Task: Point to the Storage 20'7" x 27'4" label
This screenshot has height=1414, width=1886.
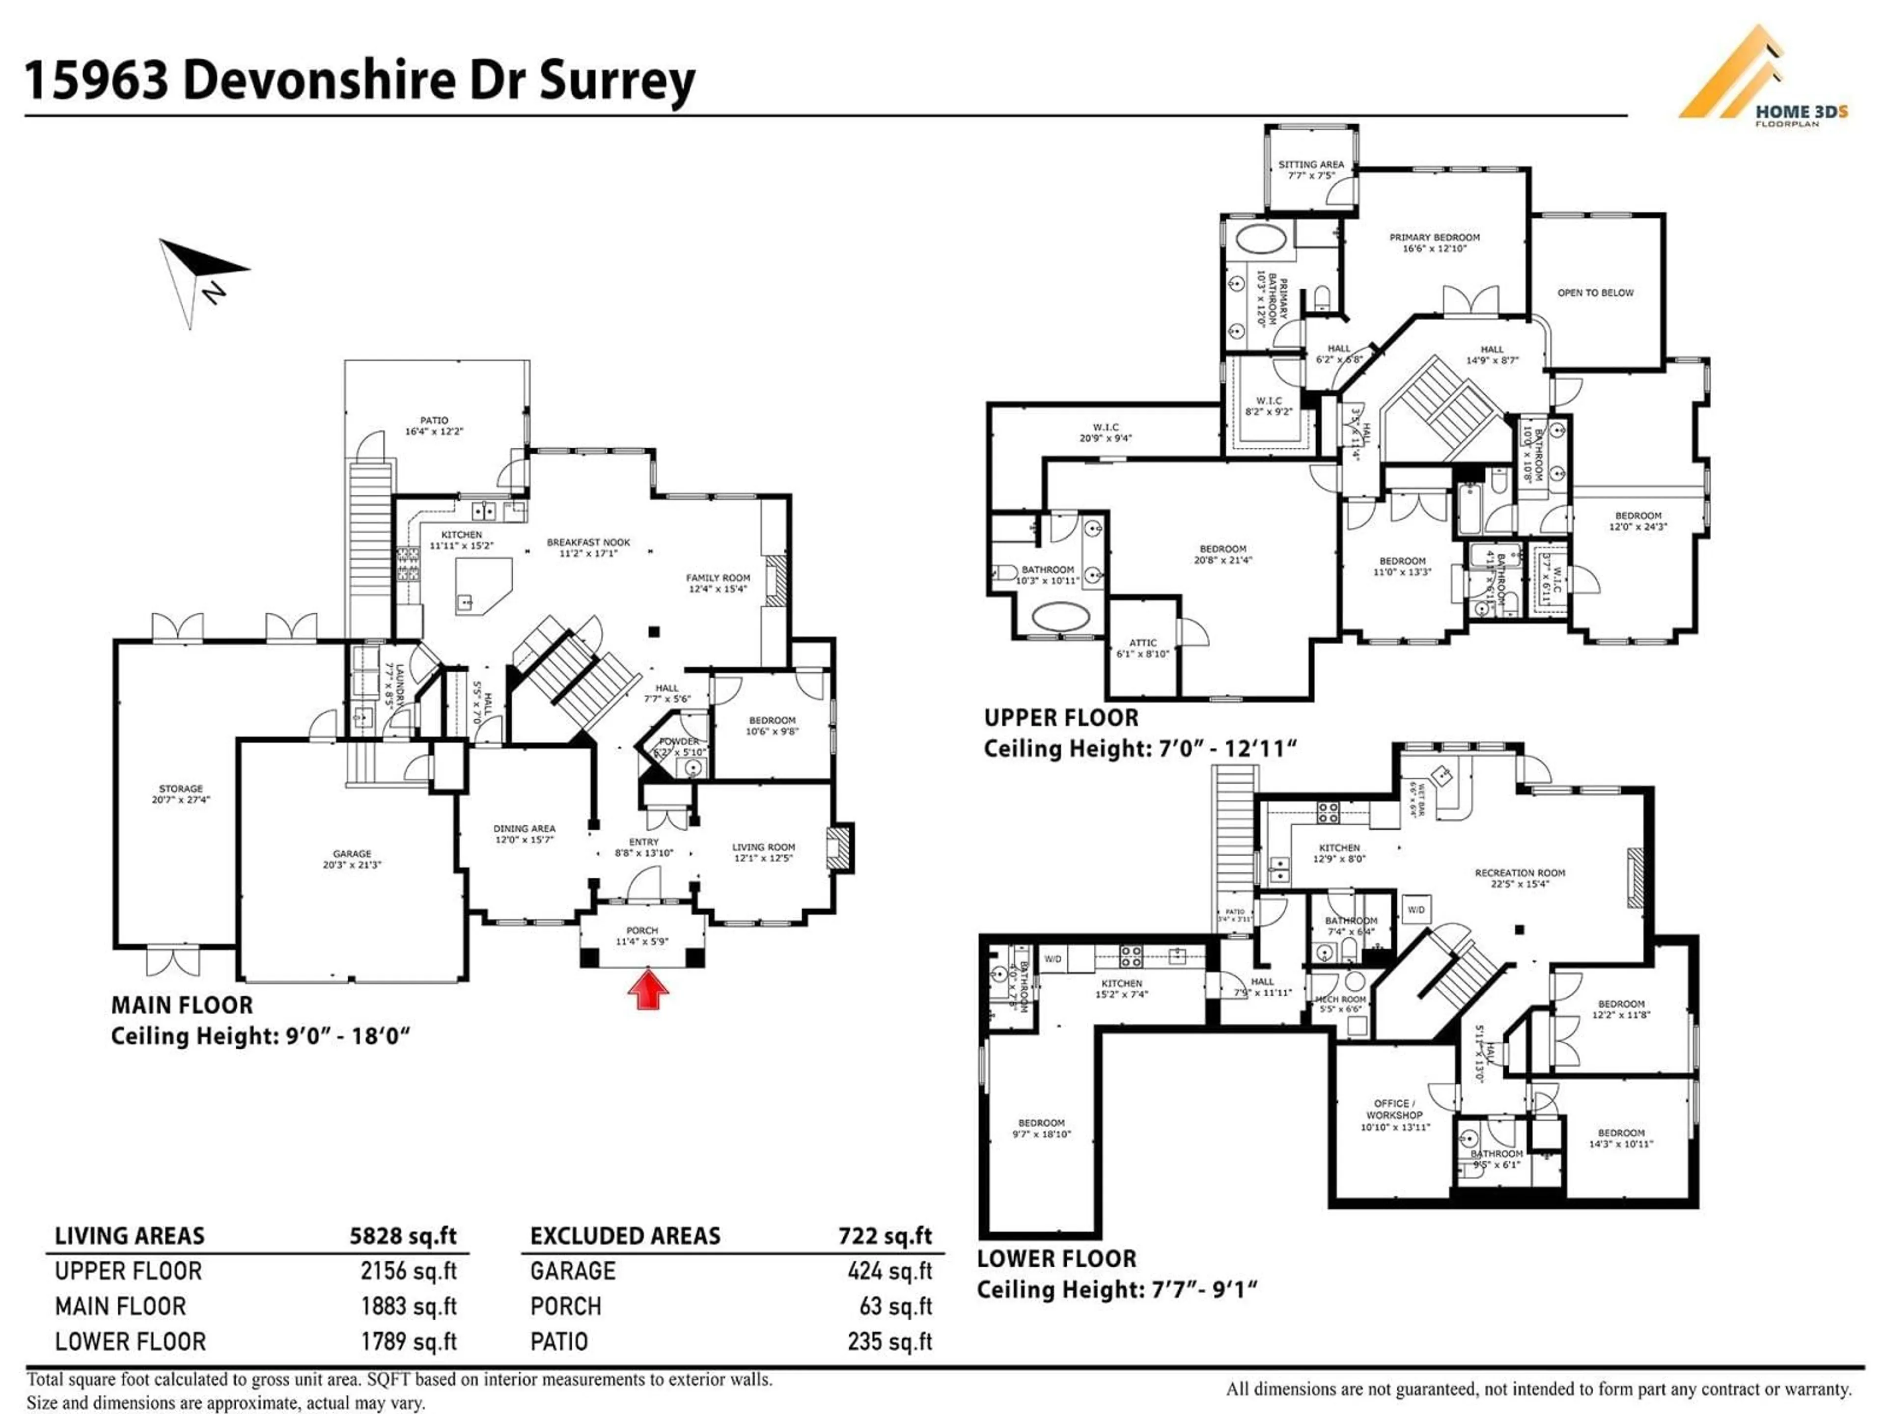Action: pyautogui.click(x=181, y=793)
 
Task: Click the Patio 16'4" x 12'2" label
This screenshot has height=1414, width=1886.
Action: pyautogui.click(x=434, y=425)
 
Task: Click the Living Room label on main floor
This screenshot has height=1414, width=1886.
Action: pyautogui.click(x=763, y=852)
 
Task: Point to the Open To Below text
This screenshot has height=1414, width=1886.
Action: pyautogui.click(x=1595, y=292)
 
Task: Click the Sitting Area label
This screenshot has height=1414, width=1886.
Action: pyautogui.click(x=1310, y=169)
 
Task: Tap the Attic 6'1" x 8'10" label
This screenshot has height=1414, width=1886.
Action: pyautogui.click(x=1142, y=648)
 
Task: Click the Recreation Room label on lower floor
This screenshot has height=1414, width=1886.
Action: pyautogui.click(x=1520, y=878)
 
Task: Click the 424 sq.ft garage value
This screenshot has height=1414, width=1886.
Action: pyautogui.click(x=889, y=1271)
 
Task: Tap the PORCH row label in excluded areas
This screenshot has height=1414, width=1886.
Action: pyautogui.click(x=565, y=1306)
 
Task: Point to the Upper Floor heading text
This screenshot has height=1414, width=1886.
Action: pyautogui.click(x=1061, y=718)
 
